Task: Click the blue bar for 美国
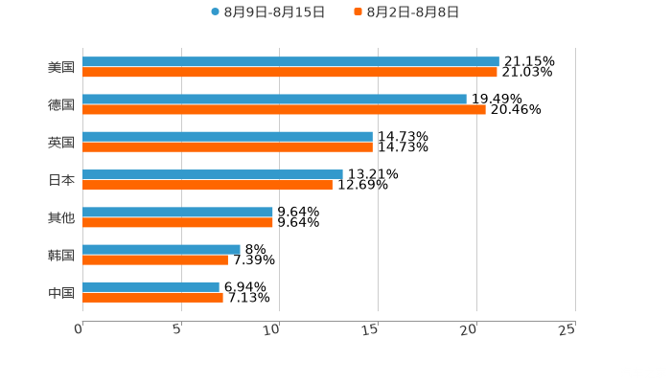coord(290,61)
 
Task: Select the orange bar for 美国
coord(289,72)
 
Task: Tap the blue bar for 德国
coord(274,99)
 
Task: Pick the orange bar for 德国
coord(284,109)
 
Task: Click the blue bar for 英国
coord(227,136)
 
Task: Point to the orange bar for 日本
coord(207,185)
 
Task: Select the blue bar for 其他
coord(177,212)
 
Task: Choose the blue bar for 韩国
coord(161,249)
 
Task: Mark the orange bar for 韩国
coord(155,259)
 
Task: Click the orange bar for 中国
coord(152,297)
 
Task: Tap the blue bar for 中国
coord(150,286)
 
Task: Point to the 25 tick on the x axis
coord(567,329)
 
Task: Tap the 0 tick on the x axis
coord(79,329)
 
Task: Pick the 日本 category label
coord(61,180)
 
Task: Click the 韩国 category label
coord(61,255)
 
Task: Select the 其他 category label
coord(61,217)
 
